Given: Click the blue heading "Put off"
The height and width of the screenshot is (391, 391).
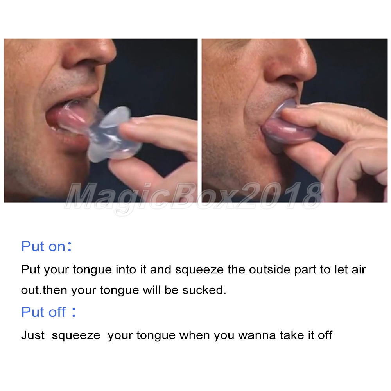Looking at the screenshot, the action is point(44,312).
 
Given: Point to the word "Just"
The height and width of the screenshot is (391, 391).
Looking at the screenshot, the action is point(33,335).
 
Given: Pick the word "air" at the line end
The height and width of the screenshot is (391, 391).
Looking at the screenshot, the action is point(359,269).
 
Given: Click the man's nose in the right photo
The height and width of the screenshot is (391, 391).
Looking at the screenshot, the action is point(292,60).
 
